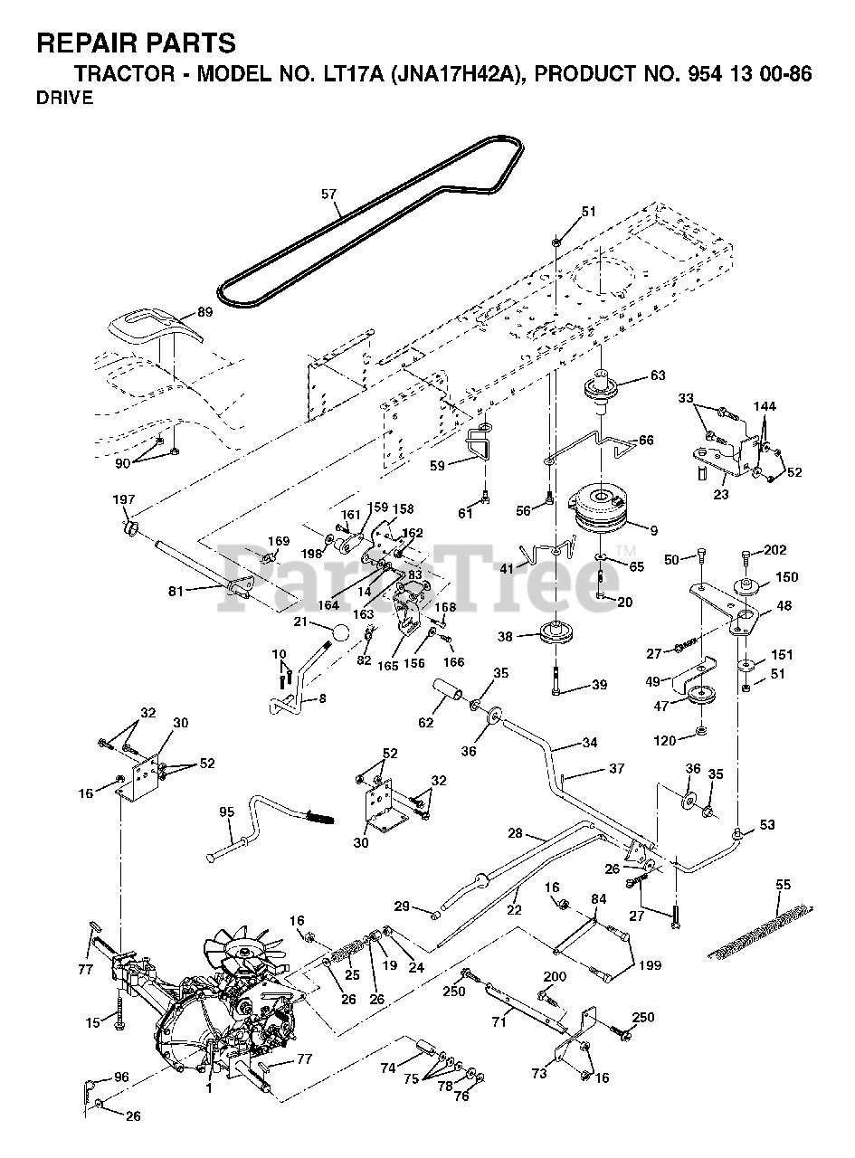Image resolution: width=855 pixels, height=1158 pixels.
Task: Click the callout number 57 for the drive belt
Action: pos(328,193)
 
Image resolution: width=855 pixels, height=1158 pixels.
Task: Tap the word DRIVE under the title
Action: pos(65,99)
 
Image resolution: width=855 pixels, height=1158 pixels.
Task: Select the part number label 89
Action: pos(204,313)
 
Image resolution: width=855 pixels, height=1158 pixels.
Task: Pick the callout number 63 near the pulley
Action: pos(657,375)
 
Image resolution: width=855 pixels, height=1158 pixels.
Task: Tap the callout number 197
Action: pos(123,500)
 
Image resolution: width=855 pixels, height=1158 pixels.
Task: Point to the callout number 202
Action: pos(775,549)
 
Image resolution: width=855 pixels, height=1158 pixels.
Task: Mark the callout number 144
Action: pos(765,407)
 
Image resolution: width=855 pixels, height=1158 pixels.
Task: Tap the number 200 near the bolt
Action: pos(555,977)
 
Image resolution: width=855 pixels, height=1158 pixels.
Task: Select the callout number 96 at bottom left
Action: pos(121,1077)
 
